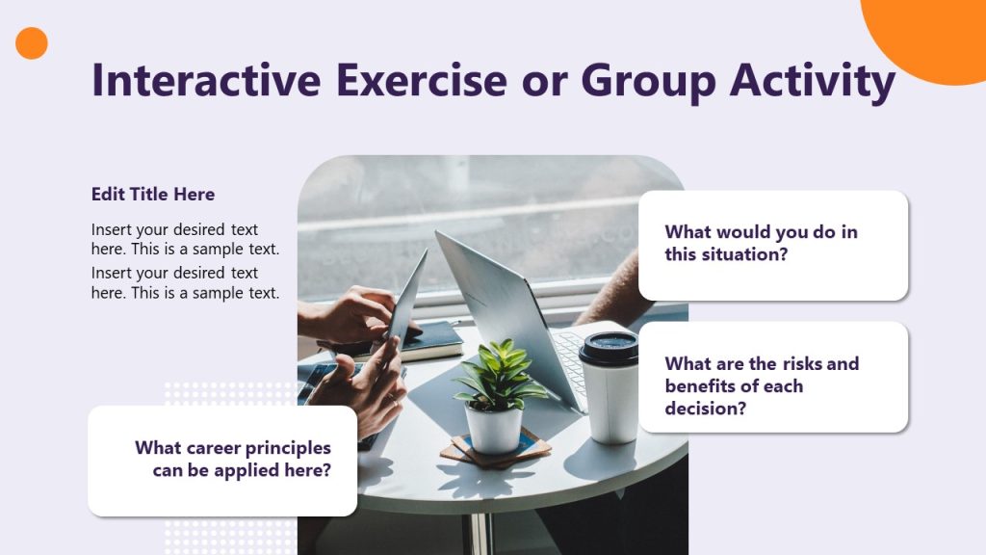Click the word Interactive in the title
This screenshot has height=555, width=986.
206,80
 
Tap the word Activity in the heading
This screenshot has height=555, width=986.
813,81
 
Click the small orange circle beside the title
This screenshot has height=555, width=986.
32,43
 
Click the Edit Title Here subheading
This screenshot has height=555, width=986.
153,194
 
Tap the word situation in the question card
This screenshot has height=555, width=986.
743,254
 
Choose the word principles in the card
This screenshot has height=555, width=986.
287,448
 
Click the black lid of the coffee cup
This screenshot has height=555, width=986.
609,348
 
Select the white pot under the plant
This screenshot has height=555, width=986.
493,427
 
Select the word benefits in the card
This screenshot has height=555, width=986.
703,385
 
